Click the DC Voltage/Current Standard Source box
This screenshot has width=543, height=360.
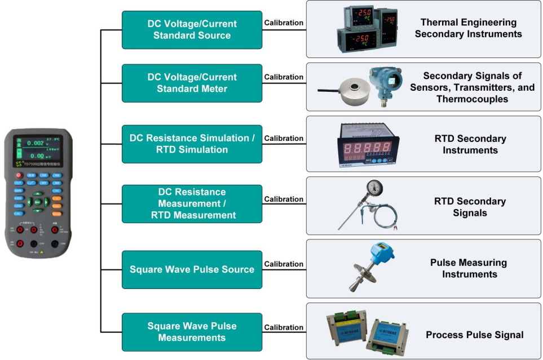coord(192,30)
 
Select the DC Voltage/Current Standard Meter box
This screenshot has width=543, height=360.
coord(192,83)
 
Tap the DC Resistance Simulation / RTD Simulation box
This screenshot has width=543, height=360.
coord(192,144)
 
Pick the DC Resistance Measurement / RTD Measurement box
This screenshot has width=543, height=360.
coord(192,203)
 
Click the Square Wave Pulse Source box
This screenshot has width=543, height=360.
coord(192,269)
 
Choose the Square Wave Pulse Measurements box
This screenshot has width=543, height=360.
coord(192,332)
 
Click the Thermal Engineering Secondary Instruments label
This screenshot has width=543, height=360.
coord(468,28)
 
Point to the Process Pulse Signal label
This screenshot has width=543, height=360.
coord(474,335)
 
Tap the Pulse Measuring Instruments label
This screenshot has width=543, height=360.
coord(469,268)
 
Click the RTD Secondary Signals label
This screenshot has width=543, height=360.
coord(470,207)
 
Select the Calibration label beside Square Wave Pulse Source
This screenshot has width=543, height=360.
coord(284,264)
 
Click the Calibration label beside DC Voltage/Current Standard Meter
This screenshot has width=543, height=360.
coord(284,77)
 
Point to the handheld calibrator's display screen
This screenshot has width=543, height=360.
coord(37,149)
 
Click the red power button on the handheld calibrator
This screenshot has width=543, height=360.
coord(19,175)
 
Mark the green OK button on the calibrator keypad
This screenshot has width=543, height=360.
coord(38,201)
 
